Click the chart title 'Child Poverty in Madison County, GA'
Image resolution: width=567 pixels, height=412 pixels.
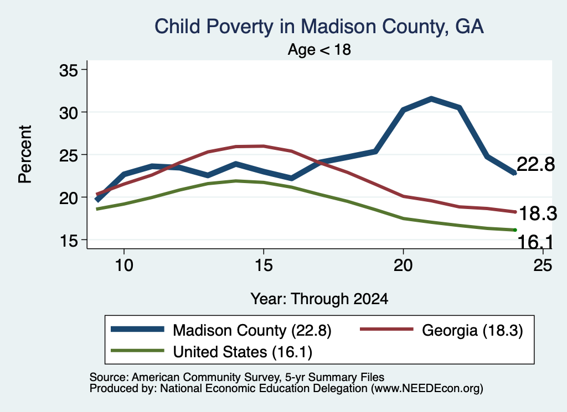pos(319,27)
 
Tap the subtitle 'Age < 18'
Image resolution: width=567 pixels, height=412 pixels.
pos(319,50)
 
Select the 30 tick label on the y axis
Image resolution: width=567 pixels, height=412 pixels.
pos(68,113)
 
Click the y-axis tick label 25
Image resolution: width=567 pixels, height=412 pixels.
pos(68,155)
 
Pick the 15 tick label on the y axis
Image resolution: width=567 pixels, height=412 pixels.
pos(68,241)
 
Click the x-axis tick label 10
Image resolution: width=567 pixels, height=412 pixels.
pos(124,265)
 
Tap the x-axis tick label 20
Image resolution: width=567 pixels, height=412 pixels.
pos(403,265)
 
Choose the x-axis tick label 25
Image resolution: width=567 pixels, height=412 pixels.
pos(543,265)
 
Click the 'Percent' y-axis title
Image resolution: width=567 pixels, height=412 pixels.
pos(25,154)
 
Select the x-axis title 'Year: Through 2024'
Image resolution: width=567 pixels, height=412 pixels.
pos(319,299)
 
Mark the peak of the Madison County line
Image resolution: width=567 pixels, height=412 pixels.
pos(431,98)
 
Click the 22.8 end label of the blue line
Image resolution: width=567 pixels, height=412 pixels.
pos(535,164)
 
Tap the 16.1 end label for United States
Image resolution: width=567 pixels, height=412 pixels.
pos(535,242)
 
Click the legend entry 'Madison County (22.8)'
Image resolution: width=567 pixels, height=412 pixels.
pos(252,330)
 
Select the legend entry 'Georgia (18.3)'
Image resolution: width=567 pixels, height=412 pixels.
pos(472,330)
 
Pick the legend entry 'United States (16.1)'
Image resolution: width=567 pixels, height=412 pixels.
pos(243,352)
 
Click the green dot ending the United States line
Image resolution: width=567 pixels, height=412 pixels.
pos(514,230)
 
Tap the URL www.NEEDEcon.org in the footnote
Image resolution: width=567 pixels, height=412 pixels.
pos(426,389)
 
